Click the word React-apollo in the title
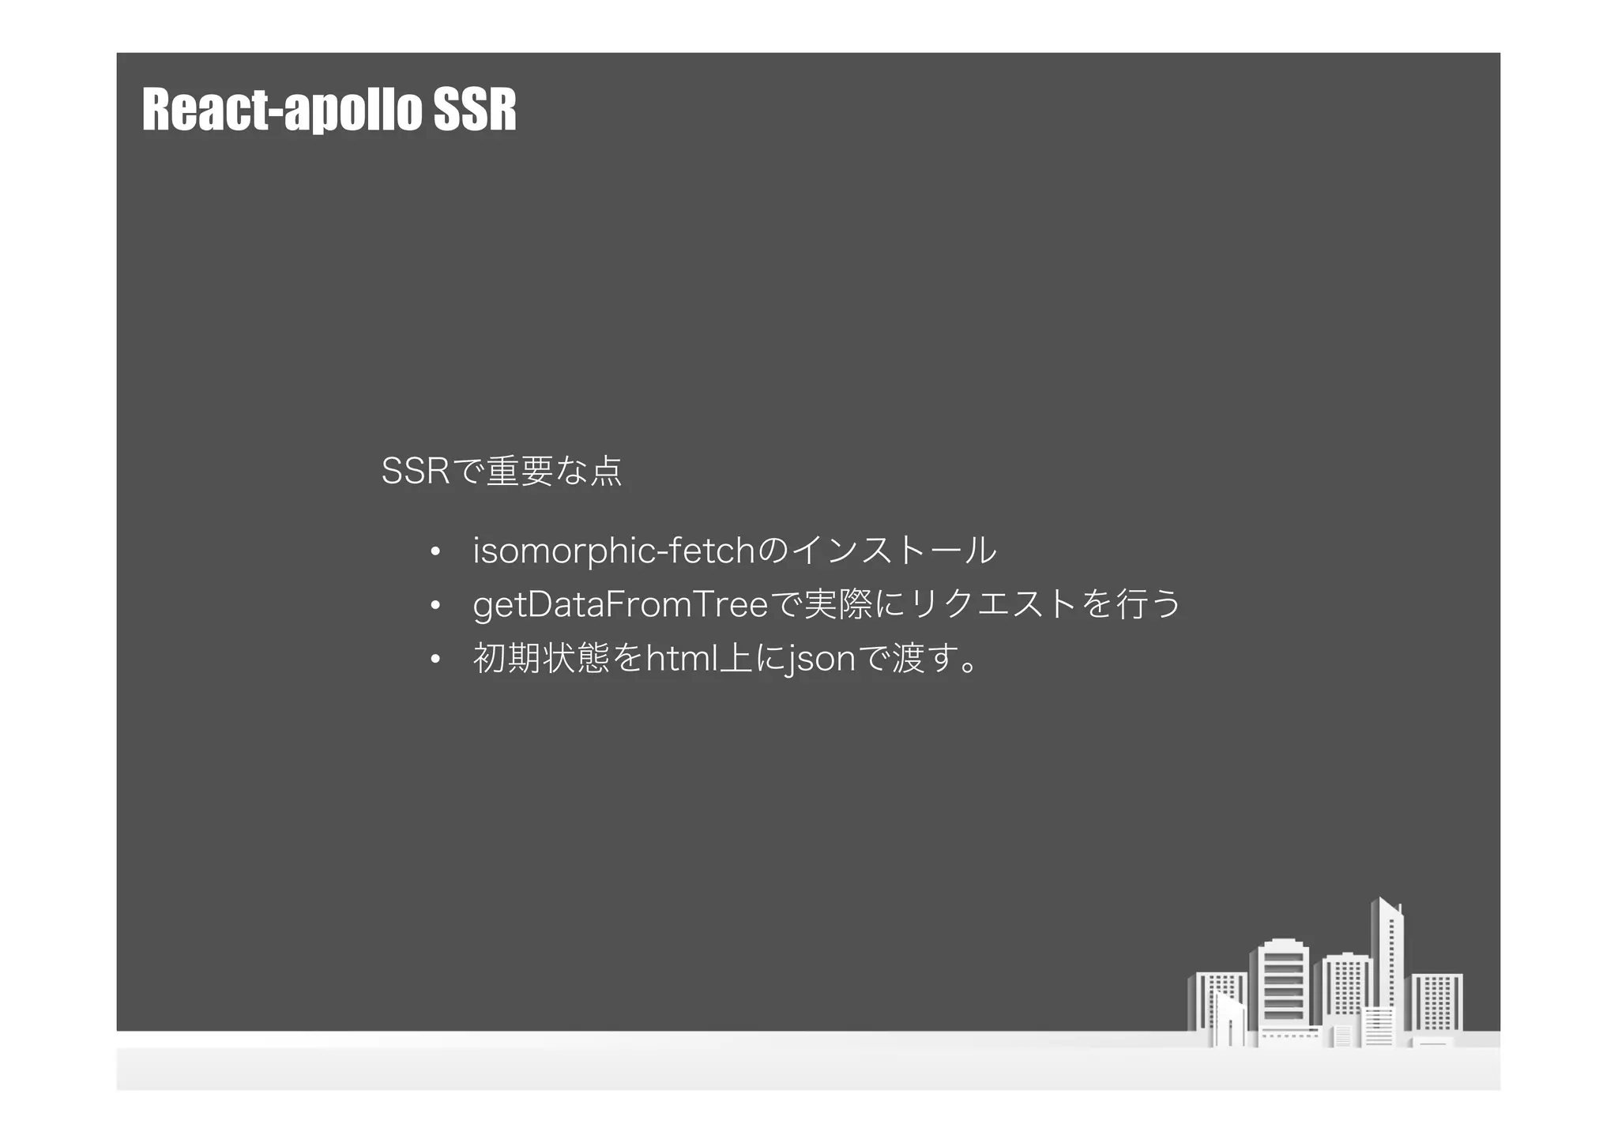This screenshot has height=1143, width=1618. (280, 110)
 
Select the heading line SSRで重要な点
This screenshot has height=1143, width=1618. (502, 472)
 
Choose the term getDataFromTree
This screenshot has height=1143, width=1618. (619, 605)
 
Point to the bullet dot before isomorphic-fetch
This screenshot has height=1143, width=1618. (435, 552)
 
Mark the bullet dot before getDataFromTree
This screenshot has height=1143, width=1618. (435, 606)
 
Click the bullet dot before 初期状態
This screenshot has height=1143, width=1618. (435, 660)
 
